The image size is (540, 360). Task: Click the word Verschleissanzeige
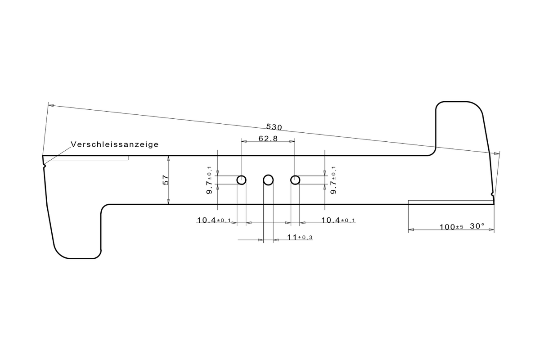pos(115,144)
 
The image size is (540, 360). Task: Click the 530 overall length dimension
pos(274,127)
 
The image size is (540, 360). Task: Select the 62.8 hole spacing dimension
pos(268,139)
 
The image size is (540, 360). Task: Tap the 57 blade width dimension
pos(166,180)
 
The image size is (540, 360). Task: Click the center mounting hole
pos(268,180)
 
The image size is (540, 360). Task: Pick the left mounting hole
pos(241,180)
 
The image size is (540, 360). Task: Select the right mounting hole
pos(295,180)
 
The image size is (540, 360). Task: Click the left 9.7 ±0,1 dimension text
pos(209,180)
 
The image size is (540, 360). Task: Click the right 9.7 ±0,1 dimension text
pos(333,180)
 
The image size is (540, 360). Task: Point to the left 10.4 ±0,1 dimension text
pos(214,220)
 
